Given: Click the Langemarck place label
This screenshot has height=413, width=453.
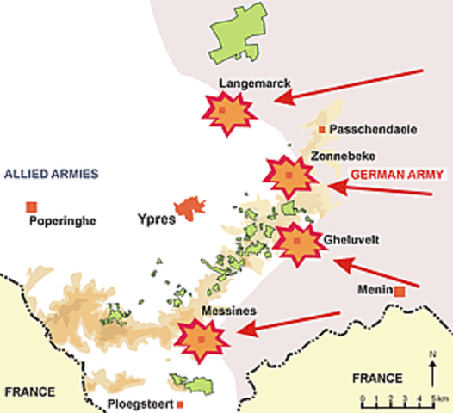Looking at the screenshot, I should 254,84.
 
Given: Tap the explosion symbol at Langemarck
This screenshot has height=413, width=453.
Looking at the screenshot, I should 224,112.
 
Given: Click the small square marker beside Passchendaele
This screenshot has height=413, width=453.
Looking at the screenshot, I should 322,129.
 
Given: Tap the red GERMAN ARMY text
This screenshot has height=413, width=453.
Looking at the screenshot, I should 396,174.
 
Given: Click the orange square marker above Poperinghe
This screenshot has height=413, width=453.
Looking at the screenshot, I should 32,206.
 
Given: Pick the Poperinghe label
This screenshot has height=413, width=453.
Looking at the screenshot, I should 61,220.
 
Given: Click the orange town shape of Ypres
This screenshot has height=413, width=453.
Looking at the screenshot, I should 187,206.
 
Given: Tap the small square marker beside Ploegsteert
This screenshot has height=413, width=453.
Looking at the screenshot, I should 180,403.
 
